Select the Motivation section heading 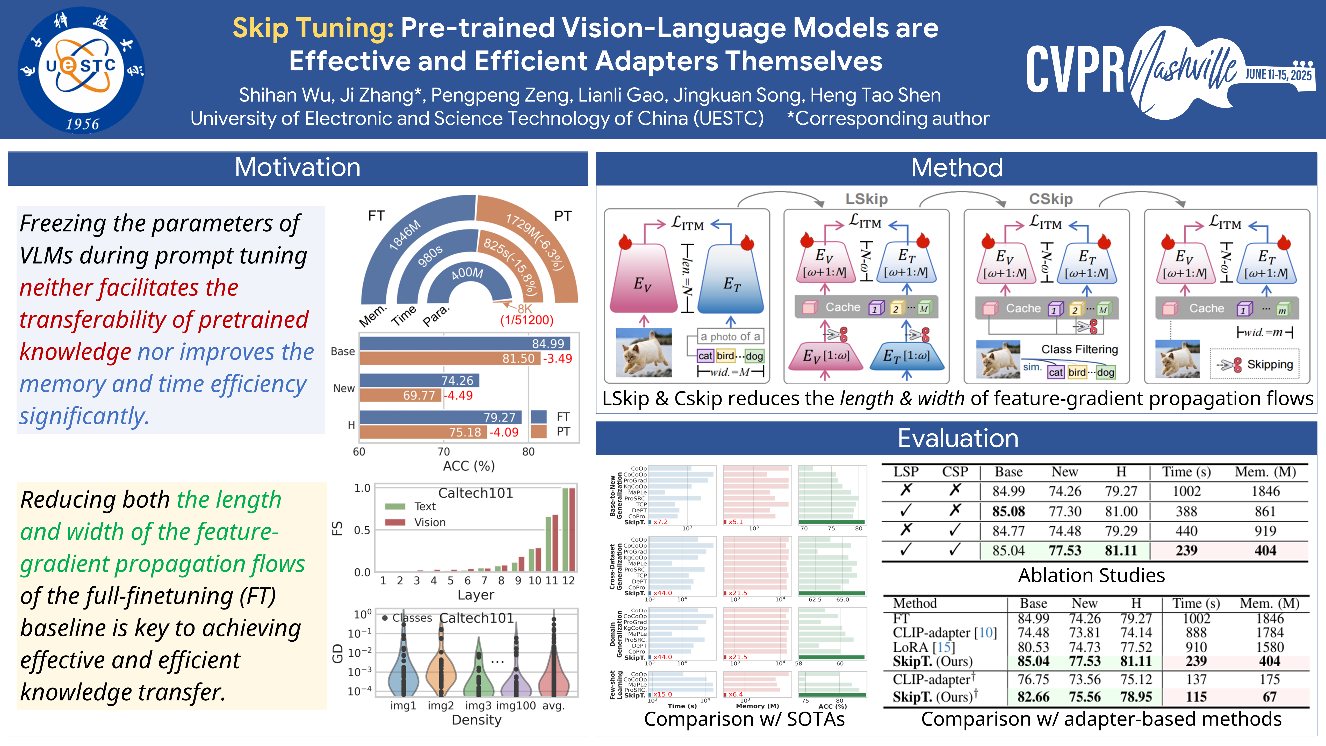coord(298,168)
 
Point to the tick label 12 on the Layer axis coord(568,581)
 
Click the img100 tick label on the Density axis coord(516,706)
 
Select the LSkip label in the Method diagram coord(866,199)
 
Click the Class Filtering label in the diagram coord(1079,350)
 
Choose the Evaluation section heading coord(957,439)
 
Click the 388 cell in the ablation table coord(1186,511)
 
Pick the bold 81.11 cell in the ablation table coord(1121,550)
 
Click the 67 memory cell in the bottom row coord(1269,697)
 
